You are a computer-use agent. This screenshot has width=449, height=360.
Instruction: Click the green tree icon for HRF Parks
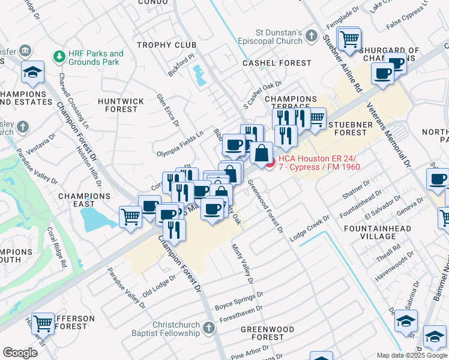(59, 56)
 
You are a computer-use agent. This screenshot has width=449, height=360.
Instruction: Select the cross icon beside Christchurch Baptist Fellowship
(208, 328)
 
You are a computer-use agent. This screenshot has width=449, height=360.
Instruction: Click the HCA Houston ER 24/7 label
(318, 163)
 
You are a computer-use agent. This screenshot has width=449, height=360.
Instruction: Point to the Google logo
(20, 353)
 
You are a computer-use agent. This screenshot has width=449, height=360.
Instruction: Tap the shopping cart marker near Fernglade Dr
(348, 40)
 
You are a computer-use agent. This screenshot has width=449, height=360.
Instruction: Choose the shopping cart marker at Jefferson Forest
(43, 324)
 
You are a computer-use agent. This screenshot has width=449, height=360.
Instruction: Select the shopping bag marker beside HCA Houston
(261, 154)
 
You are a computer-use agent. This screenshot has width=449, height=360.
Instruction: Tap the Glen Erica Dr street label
(168, 110)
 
